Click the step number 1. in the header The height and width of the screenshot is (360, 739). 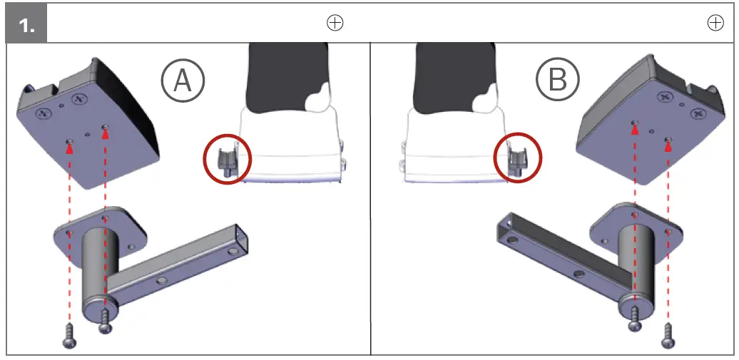point(26,24)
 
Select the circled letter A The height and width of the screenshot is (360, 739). point(183,81)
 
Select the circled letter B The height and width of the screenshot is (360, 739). point(558,81)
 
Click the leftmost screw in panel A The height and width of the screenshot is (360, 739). point(70,335)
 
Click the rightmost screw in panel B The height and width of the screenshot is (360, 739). point(668,335)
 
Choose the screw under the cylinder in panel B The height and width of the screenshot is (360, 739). point(634,319)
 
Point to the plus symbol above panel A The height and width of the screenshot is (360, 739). point(335,23)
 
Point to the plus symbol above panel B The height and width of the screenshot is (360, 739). point(716,23)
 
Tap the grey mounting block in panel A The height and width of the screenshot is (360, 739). point(90,125)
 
